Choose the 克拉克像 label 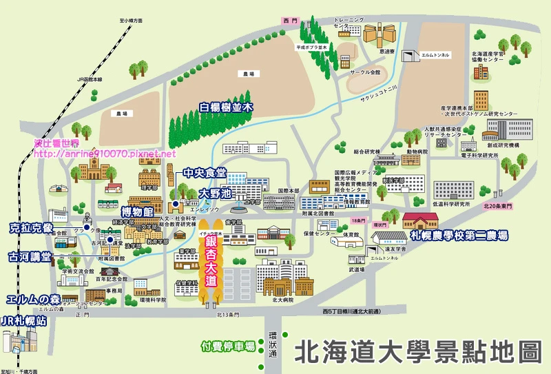click(31, 228)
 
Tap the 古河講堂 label click(30, 256)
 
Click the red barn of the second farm click(420, 220)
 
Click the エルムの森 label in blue click(31, 300)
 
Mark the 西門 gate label click(289, 22)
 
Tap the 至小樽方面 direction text click(131, 21)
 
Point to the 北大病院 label click(283, 300)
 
